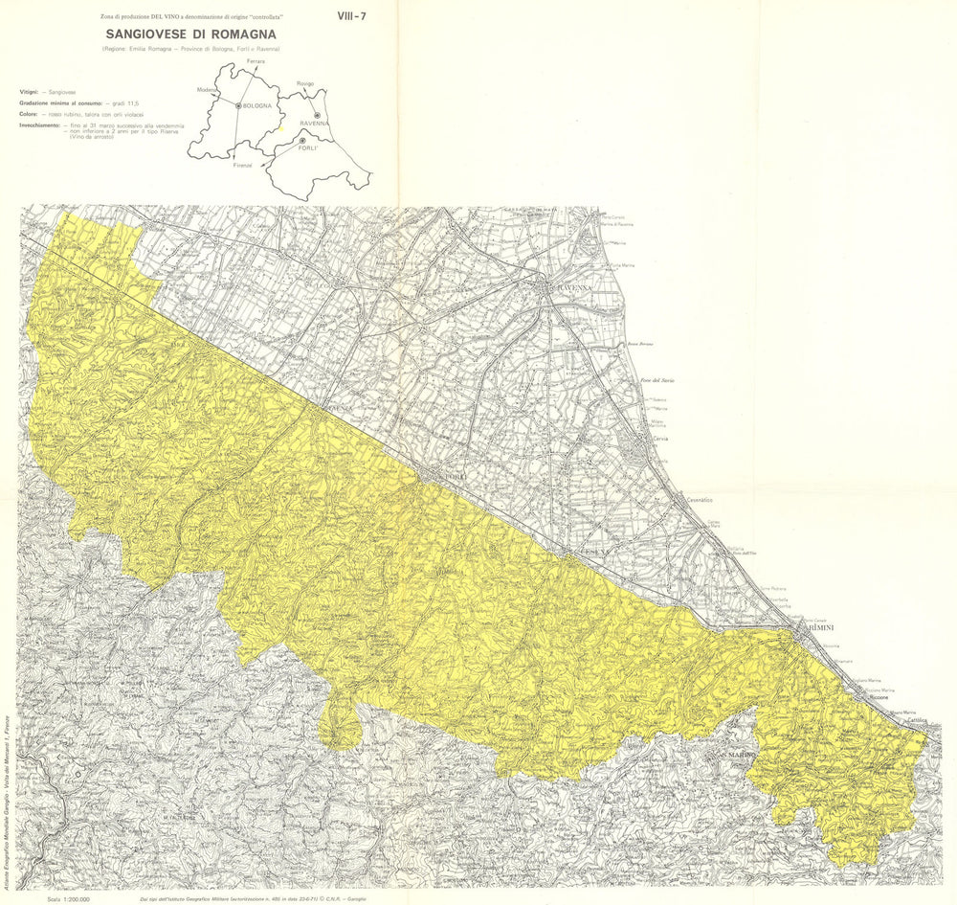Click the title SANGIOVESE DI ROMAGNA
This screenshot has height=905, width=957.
tap(191, 34)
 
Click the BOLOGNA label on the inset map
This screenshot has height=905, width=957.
tap(257, 105)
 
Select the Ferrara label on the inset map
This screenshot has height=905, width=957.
tap(255, 61)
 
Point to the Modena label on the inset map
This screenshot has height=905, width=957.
tap(206, 89)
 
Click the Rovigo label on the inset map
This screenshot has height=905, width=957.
tap(305, 83)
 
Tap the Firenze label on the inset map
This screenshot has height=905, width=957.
tap(242, 165)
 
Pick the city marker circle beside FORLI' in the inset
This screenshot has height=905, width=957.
tap(302, 141)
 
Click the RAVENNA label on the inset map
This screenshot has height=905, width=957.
tap(314, 124)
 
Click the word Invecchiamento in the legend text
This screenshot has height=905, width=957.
tap(39, 125)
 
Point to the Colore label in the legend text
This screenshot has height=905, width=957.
tap(28, 114)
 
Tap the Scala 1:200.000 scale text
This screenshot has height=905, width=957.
tap(68, 899)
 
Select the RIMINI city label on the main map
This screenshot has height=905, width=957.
tap(820, 626)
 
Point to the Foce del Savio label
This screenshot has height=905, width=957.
tap(657, 381)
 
